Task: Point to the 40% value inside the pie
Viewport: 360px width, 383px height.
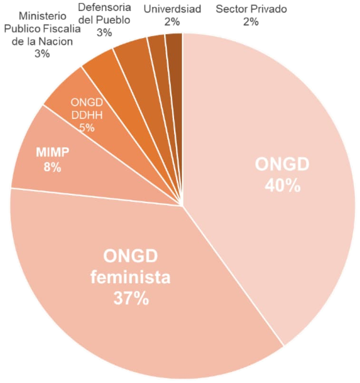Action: click(x=282, y=185)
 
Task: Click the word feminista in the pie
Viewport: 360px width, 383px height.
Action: click(x=131, y=277)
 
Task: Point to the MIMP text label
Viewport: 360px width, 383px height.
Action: click(x=53, y=152)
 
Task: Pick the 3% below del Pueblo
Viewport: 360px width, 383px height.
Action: click(x=104, y=32)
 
